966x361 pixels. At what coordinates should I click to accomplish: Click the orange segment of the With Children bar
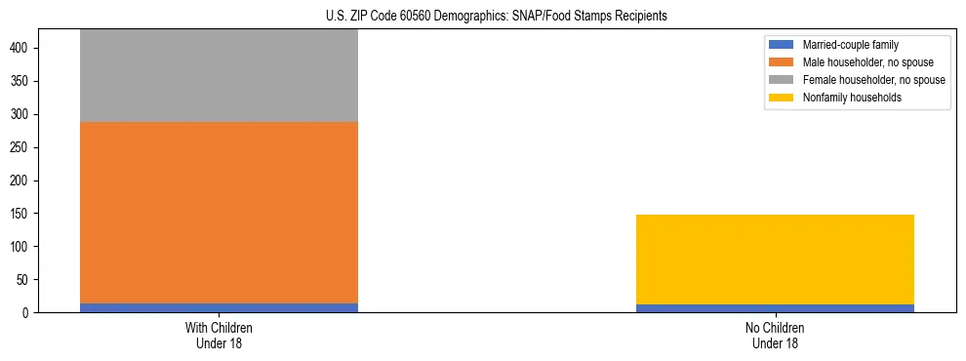(219, 213)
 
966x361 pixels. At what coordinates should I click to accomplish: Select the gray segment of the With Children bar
(219, 75)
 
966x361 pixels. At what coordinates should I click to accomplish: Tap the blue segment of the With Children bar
(219, 308)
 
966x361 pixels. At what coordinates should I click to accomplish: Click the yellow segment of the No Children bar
(775, 260)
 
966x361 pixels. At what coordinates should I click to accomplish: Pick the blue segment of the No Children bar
(775, 308)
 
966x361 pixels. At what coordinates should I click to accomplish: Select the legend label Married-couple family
(850, 45)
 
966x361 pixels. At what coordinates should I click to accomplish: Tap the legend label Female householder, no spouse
(873, 80)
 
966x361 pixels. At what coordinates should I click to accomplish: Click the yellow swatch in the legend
(783, 98)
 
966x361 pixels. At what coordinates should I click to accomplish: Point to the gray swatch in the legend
(783, 80)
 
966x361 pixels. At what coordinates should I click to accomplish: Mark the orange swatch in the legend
(783, 62)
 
